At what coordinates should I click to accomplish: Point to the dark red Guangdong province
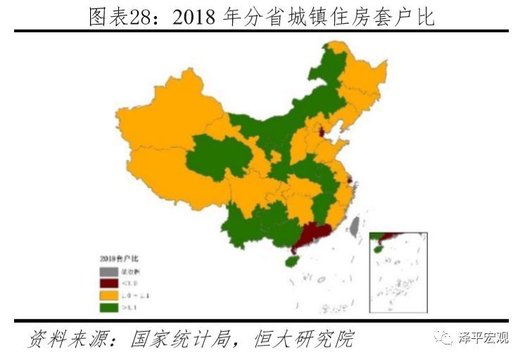click(312, 236)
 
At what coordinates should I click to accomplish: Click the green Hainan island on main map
click(288, 261)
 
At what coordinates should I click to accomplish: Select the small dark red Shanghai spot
click(350, 182)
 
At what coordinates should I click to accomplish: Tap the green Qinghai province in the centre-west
click(211, 158)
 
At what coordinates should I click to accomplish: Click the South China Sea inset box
click(398, 271)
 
